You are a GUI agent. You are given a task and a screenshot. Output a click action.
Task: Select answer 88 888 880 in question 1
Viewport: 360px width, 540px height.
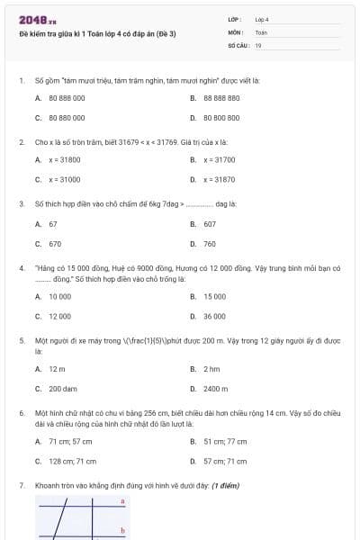coord(220,97)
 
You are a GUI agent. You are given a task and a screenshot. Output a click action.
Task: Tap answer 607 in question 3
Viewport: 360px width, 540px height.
coord(209,223)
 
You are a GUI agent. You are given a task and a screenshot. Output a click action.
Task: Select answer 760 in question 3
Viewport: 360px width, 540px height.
coord(209,243)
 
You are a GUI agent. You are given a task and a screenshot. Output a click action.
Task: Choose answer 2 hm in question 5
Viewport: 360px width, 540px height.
coord(211,369)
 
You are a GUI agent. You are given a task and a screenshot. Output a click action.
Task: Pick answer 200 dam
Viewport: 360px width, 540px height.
coord(63,389)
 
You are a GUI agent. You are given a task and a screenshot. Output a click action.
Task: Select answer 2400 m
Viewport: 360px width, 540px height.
coord(215,389)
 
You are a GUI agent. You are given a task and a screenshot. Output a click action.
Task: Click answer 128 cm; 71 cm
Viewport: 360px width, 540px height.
coord(72,461)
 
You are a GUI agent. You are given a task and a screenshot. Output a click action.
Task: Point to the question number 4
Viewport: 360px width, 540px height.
coord(21,268)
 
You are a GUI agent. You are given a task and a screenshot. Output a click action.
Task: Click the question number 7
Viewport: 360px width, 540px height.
coord(21,485)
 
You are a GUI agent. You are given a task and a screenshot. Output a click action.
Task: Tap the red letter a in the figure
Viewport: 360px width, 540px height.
coord(122,500)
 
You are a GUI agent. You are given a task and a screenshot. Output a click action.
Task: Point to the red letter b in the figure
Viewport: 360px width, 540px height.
coord(122,531)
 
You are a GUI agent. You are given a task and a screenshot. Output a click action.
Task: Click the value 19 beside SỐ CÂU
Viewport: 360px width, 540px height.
coord(258,44)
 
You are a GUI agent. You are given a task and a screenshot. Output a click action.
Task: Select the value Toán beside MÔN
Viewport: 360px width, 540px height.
coord(261,31)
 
